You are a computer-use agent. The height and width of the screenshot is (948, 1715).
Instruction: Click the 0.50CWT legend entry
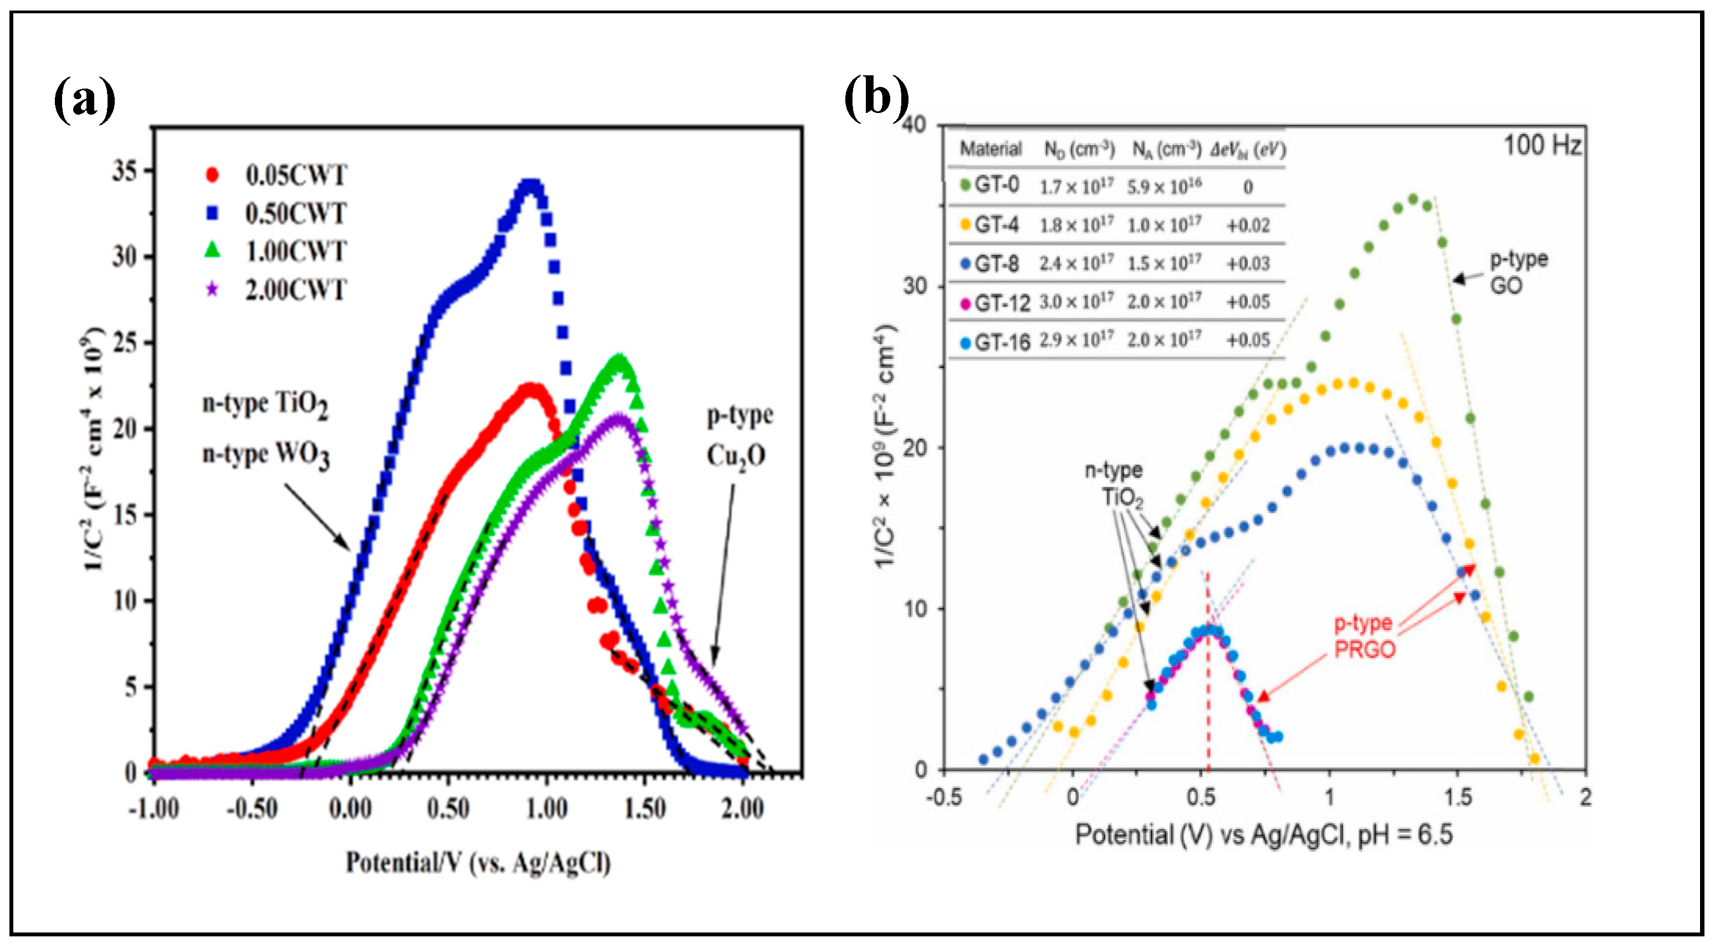tap(295, 214)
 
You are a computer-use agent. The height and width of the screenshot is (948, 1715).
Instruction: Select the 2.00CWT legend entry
tap(295, 290)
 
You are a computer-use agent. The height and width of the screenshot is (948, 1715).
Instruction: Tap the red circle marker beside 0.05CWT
tap(212, 175)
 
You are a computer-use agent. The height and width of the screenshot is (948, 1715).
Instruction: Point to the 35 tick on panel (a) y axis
tap(125, 172)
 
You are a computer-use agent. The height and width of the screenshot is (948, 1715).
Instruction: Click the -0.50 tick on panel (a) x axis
tap(252, 809)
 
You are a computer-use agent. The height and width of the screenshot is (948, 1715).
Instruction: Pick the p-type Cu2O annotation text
tap(738, 435)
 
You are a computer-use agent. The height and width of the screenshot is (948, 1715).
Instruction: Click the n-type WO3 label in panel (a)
tap(266, 455)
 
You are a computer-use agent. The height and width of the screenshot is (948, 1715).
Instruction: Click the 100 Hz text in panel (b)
tap(1542, 145)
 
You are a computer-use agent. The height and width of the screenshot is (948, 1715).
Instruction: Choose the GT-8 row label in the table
tap(996, 264)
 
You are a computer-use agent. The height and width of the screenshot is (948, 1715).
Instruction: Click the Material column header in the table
tap(990, 149)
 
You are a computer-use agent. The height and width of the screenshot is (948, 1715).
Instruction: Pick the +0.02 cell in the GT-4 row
tap(1248, 225)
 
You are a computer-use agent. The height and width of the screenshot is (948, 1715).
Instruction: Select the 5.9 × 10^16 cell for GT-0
tap(1164, 187)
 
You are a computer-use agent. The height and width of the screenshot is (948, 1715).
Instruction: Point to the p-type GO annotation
tap(1517, 272)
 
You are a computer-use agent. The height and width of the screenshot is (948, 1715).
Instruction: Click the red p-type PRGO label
tap(1364, 636)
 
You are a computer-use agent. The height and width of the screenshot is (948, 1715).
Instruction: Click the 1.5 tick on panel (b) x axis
tap(1457, 796)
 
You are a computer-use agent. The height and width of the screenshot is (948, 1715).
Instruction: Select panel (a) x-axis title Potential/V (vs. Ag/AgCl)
tap(477, 863)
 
